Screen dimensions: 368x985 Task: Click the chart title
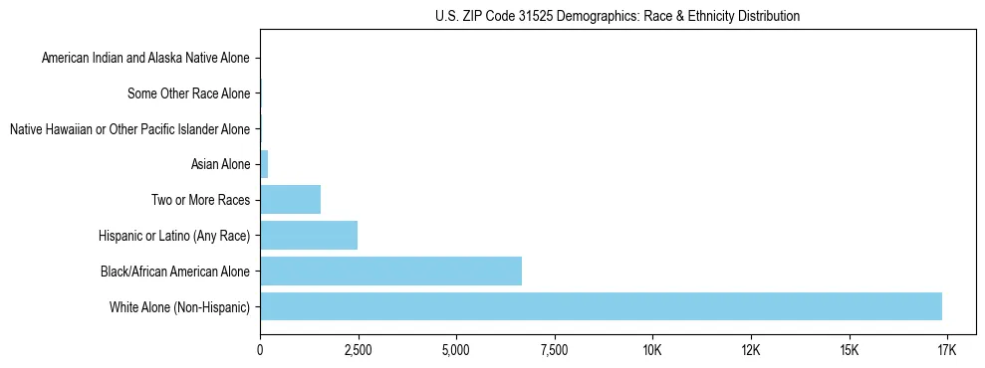point(617,17)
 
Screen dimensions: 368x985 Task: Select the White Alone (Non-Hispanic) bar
point(601,306)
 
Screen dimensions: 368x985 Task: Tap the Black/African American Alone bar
point(390,271)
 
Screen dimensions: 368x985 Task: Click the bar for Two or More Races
point(290,200)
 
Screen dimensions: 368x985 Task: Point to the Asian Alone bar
point(264,164)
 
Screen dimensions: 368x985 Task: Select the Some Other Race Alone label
point(189,94)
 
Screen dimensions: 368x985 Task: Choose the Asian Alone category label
point(220,164)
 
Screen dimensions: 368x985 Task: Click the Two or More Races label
point(200,200)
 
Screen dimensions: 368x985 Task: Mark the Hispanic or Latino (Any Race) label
point(174,236)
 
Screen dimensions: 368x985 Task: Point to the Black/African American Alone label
point(175,271)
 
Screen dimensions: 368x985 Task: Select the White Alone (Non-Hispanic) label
point(180,306)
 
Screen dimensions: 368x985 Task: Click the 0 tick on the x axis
point(260,350)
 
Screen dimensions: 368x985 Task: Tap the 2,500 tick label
point(358,350)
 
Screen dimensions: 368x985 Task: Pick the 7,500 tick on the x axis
point(554,350)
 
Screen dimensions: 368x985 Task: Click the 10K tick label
point(652,350)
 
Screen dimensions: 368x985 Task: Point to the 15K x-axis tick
point(849,350)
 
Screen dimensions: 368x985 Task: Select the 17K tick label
point(946,350)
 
